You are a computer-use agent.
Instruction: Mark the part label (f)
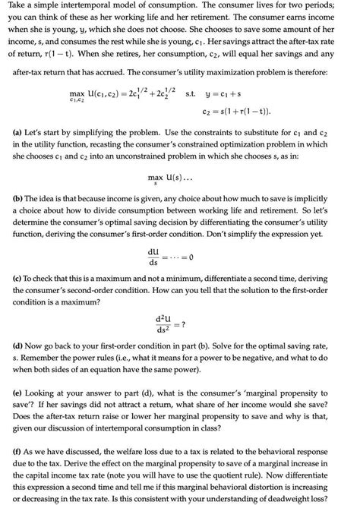coord(20,462)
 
